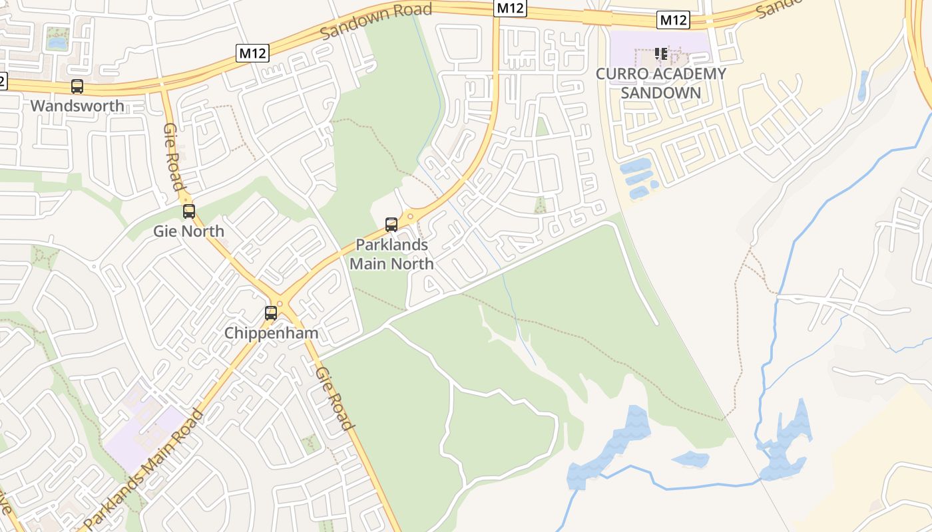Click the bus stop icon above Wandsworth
(x=77, y=86)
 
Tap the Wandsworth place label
(x=77, y=106)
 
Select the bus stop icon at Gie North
(x=189, y=211)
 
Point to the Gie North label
(x=189, y=231)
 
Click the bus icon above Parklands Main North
(x=391, y=225)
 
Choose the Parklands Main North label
(x=391, y=254)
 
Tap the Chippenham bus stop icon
(x=271, y=313)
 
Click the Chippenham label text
(x=271, y=333)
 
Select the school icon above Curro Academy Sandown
(x=660, y=53)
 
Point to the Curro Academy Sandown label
(x=660, y=83)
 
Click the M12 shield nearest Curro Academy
(x=672, y=21)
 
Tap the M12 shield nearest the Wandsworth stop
(x=252, y=54)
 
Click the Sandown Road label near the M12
(x=376, y=21)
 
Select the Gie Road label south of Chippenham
(x=335, y=398)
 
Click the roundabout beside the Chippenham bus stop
(x=280, y=304)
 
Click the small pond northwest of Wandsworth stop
(x=57, y=43)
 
